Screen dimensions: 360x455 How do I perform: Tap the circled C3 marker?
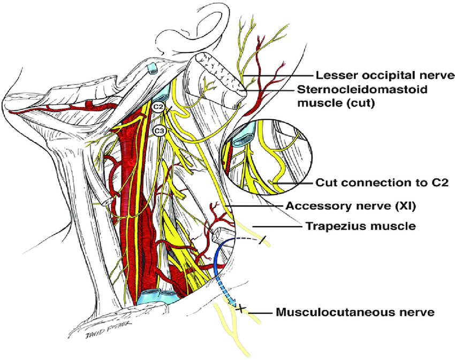click(x=158, y=130)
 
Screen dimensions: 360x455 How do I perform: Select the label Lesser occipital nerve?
click(x=385, y=75)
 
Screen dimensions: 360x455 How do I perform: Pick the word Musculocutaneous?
click(x=335, y=310)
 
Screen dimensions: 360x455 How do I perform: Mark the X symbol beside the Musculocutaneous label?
click(x=241, y=308)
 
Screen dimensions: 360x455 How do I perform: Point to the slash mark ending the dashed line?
click(x=261, y=241)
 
